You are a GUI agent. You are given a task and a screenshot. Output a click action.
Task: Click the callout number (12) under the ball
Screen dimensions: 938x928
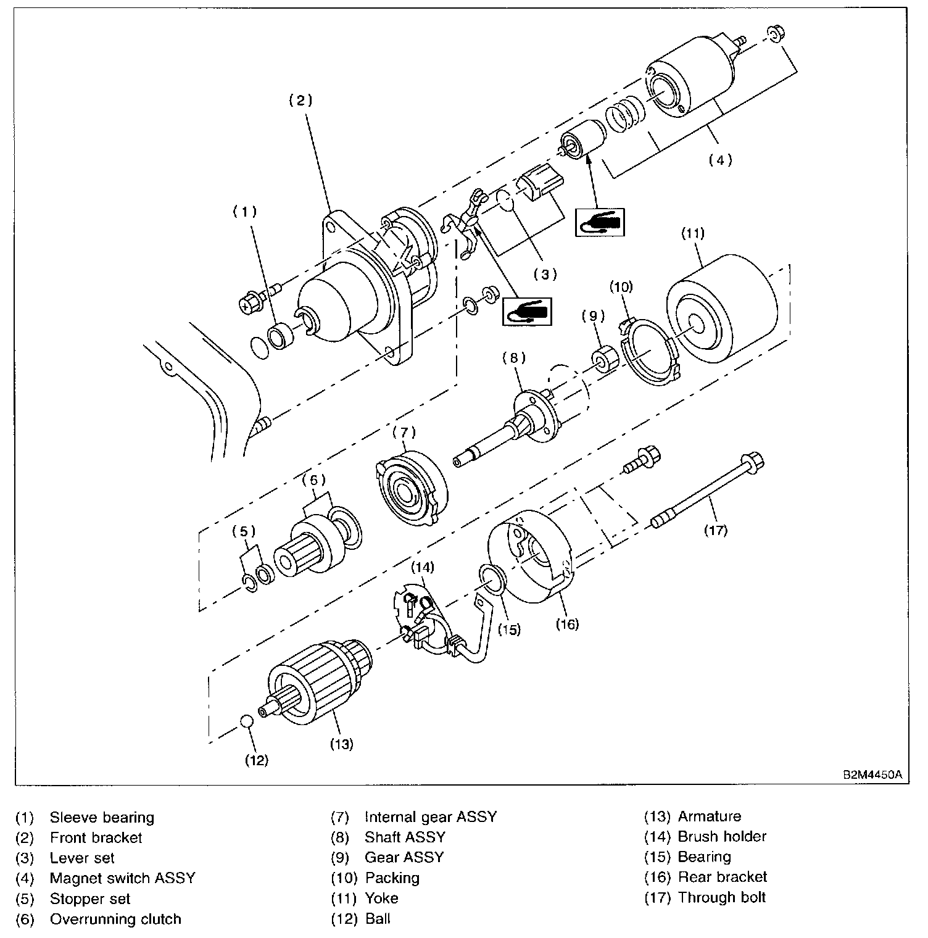[257, 760]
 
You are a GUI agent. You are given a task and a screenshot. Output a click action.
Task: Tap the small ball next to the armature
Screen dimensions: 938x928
[247, 721]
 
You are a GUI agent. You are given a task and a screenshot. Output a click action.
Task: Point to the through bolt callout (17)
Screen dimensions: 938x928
[716, 529]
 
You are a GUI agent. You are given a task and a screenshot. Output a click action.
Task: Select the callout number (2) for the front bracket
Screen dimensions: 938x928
[301, 101]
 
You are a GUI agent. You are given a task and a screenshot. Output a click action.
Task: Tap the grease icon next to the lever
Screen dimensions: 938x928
[527, 312]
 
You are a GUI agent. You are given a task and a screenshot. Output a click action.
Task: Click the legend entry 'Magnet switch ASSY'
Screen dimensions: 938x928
[122, 878]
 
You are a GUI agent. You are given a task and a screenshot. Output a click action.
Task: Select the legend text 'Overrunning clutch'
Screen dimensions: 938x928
[115, 919]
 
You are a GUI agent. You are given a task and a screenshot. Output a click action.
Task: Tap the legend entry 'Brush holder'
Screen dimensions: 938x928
[722, 837]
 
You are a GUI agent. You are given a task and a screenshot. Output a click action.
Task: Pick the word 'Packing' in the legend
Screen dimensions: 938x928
[392, 878]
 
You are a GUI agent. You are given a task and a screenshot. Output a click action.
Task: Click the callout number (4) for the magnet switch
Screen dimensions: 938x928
[719, 160]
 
